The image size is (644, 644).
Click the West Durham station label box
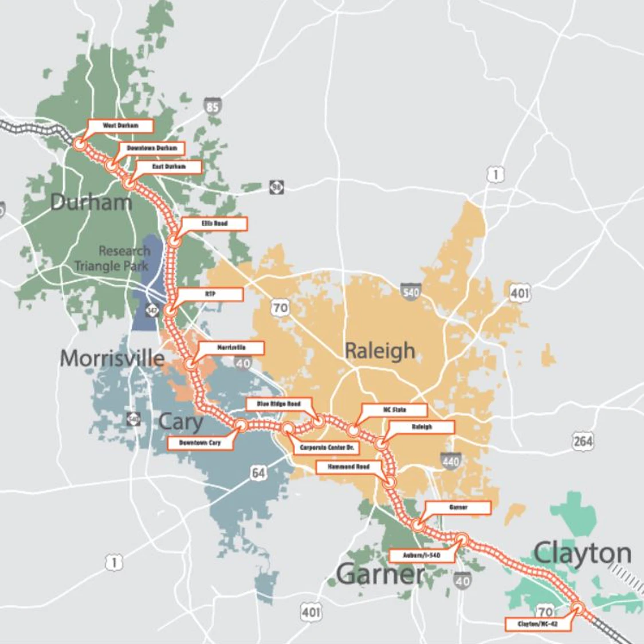point(120,125)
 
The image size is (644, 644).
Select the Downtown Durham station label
point(152,148)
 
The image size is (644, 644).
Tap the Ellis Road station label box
point(214,223)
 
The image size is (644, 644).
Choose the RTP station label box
point(210,294)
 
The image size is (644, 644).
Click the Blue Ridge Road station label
point(279,405)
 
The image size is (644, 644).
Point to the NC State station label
point(395,410)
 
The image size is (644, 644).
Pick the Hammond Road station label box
point(348,468)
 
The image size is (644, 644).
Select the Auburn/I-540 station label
point(422,556)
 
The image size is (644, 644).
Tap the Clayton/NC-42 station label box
point(537,624)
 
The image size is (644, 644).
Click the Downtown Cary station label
point(200,443)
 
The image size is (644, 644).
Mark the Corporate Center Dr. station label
point(327,447)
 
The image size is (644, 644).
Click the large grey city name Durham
point(91,202)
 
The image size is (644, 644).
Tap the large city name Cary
point(180,422)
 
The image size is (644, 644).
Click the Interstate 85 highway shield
point(213,107)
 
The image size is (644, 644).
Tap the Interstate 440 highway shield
point(451,461)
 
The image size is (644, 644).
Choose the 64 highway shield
point(258,473)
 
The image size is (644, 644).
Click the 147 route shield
point(152,310)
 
